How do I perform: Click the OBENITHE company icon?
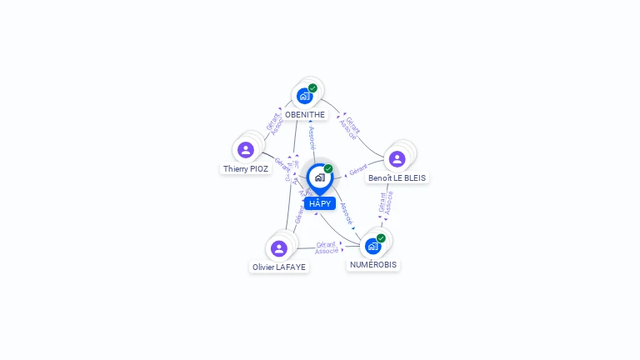point(305,96)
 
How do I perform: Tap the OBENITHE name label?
point(305,114)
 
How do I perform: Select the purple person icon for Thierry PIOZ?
point(245,150)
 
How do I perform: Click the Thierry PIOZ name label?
point(246,168)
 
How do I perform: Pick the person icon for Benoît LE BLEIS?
point(397,159)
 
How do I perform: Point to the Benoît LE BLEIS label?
point(397,177)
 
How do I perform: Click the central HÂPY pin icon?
point(319,177)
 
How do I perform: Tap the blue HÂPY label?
point(320,203)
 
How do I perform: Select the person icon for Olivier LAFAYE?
point(279,248)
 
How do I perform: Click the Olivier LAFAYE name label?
point(279,267)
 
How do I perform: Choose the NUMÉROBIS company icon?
point(372,246)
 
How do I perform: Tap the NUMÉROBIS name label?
point(374,264)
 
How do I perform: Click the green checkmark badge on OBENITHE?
point(312,87)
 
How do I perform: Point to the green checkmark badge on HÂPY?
point(328,168)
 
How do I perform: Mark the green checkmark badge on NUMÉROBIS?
point(381,238)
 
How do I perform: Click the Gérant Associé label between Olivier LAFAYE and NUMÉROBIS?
point(327,247)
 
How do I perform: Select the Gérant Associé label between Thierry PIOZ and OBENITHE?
point(275,123)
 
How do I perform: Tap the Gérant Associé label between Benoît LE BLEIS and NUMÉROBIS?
point(386,203)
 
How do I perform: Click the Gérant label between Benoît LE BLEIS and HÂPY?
point(358,169)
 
